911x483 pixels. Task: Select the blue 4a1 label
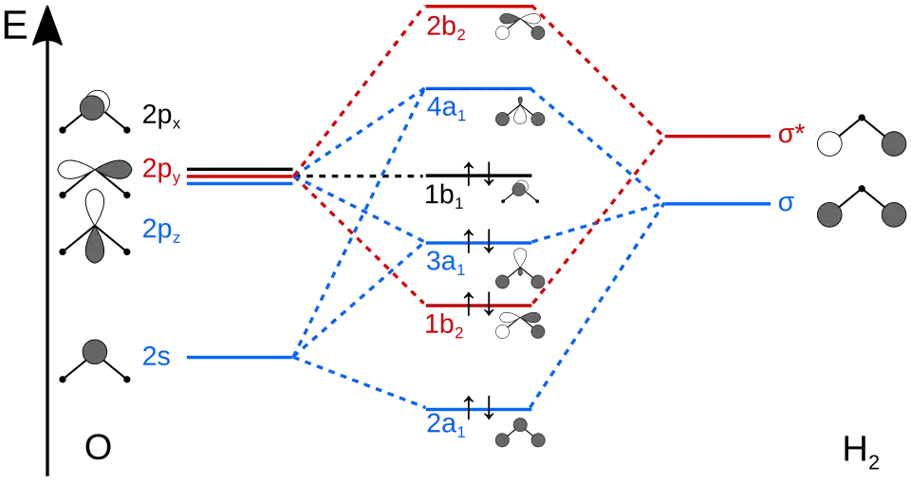445,109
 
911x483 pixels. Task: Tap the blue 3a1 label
444,263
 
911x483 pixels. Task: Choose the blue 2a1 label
445,425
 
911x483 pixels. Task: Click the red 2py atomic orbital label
161,171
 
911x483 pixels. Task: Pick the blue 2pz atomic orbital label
160,230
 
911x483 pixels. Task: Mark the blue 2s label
157,358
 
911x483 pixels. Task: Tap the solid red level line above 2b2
479,9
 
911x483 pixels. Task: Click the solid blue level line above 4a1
479,89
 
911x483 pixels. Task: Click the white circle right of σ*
830,144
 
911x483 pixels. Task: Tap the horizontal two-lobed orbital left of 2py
94,170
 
